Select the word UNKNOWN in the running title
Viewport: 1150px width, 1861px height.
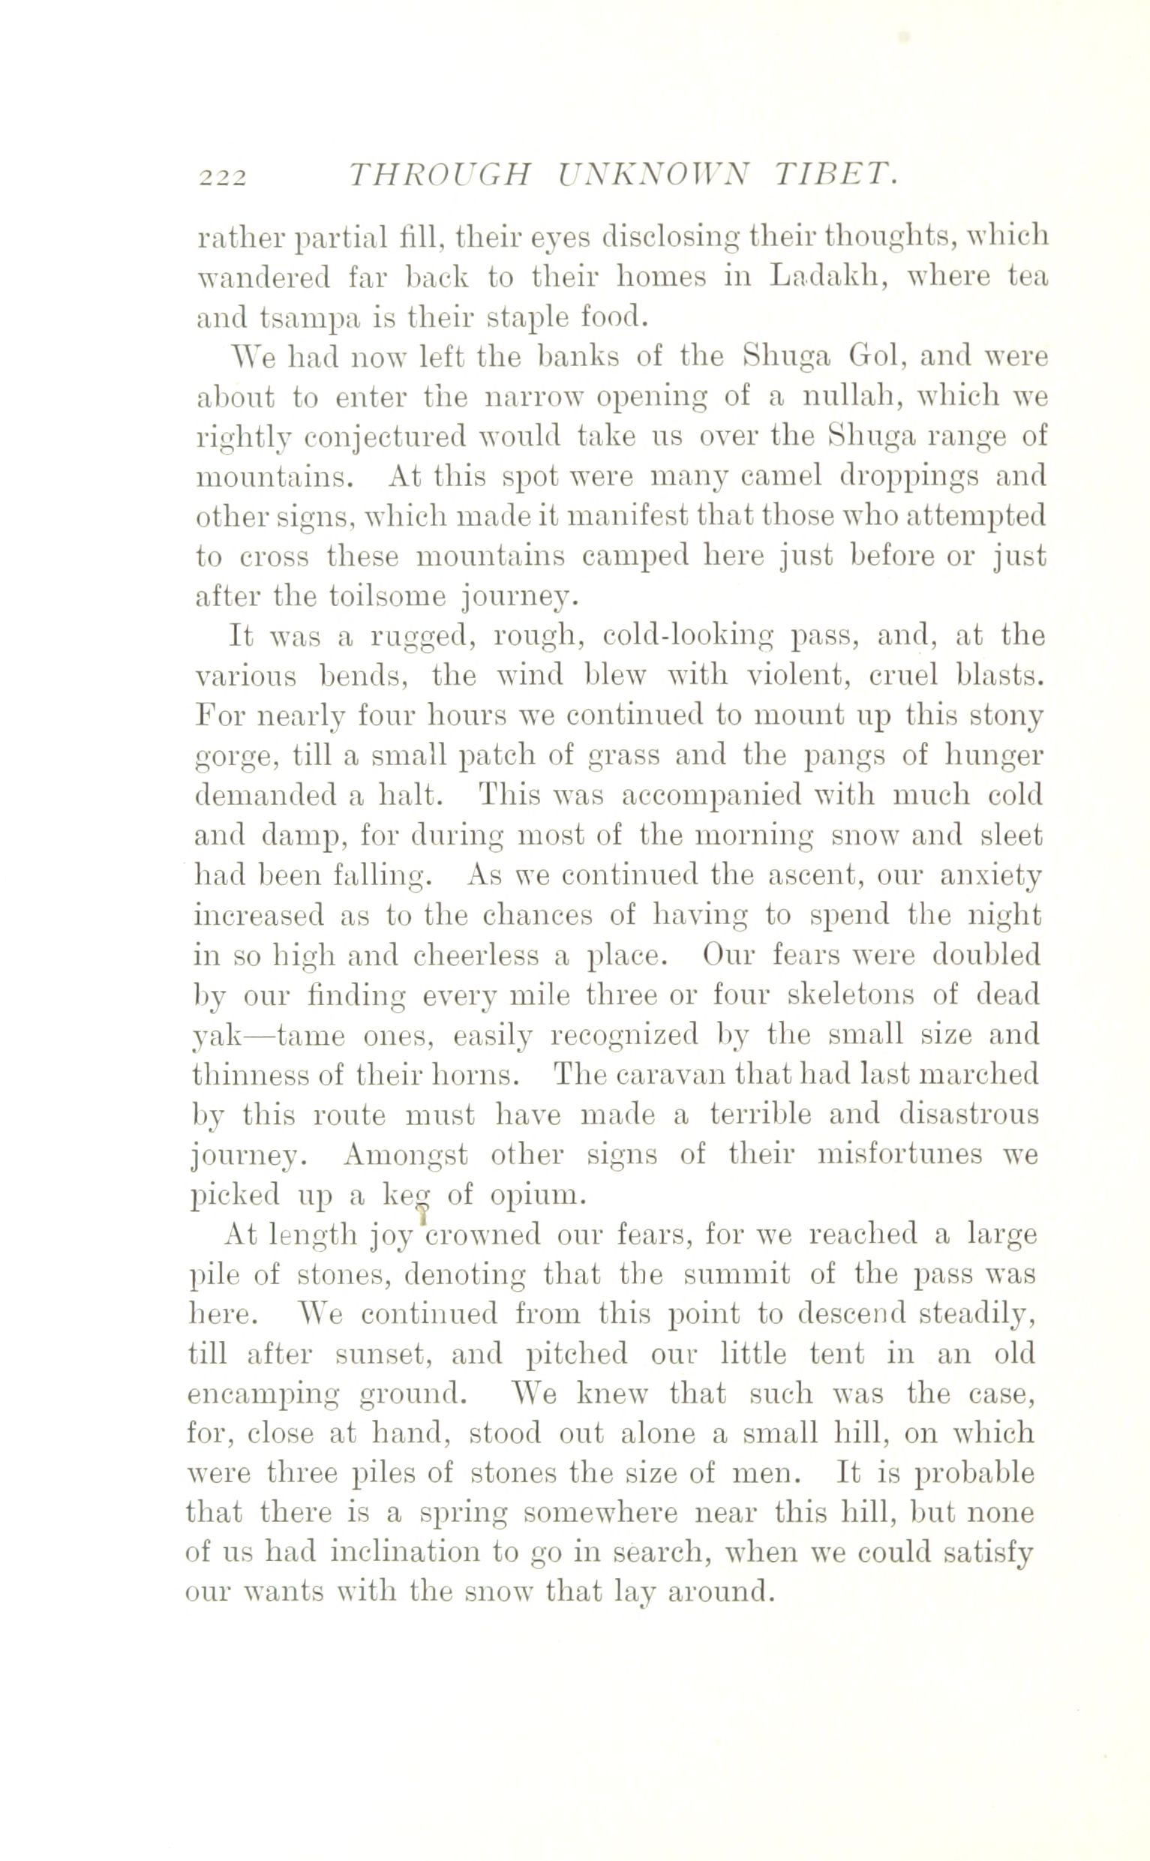coord(653,176)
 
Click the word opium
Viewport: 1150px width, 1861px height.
coord(538,1195)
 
